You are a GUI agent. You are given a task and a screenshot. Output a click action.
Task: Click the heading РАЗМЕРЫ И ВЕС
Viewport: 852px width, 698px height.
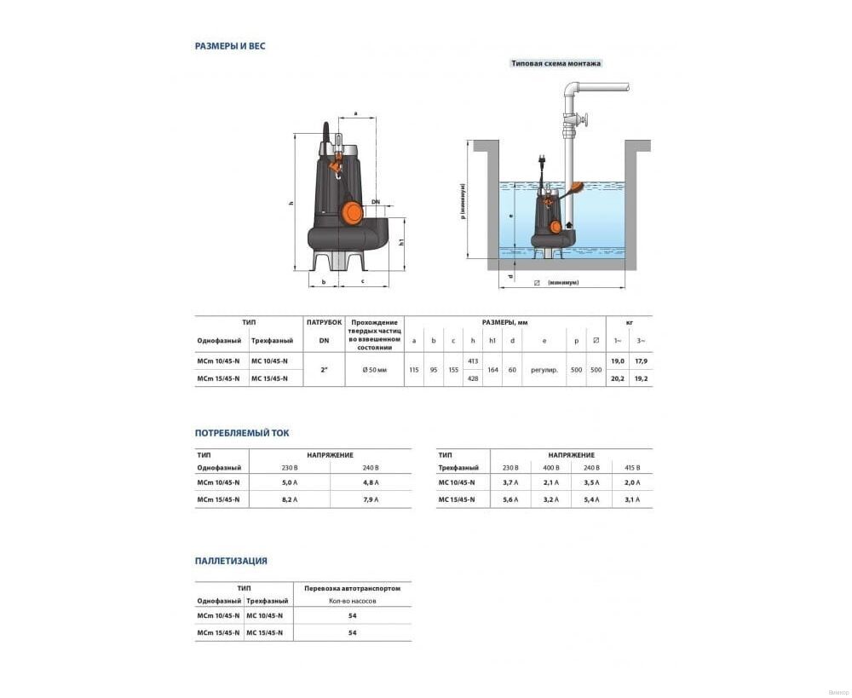click(230, 46)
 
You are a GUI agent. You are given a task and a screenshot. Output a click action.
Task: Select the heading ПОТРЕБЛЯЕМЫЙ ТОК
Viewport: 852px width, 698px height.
click(242, 433)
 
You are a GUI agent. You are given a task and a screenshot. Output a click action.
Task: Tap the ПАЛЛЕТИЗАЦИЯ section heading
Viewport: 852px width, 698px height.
click(231, 561)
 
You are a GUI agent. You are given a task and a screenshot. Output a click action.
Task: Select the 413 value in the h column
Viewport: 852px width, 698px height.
click(473, 361)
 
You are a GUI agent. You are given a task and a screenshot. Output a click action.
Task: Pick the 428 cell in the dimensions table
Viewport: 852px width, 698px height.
click(473, 378)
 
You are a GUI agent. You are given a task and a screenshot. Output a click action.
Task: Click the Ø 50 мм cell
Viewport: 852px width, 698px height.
click(374, 370)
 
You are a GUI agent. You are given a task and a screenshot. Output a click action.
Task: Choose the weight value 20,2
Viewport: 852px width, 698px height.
click(619, 378)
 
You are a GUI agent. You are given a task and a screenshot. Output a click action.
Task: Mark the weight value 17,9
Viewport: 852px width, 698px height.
click(639, 361)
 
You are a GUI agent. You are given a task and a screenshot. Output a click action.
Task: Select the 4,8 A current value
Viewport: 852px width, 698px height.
click(370, 482)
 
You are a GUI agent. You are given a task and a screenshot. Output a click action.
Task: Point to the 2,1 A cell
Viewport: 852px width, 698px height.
click(550, 482)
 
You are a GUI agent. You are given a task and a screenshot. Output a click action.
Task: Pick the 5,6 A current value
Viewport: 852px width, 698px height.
click(511, 499)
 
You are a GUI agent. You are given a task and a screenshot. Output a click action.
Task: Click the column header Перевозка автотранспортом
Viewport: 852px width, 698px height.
click(352, 588)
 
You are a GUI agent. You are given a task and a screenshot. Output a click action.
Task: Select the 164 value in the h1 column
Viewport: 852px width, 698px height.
click(492, 370)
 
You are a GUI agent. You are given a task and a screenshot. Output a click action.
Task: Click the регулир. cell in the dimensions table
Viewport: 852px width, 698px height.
click(544, 370)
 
